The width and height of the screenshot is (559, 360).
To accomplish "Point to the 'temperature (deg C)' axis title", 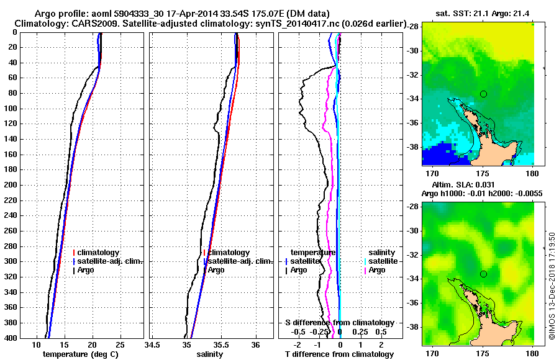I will [x=80, y=354].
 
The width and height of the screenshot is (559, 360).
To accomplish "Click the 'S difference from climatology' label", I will [x=340, y=323].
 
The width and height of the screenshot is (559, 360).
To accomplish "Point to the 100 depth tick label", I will [x=11, y=109].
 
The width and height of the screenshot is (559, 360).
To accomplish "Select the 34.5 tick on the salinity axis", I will [x=153, y=344].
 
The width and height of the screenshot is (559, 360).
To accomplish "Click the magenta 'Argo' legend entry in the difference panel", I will [x=377, y=270].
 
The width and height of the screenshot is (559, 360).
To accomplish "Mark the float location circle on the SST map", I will [x=483, y=94].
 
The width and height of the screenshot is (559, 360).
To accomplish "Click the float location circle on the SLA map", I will [x=483, y=274].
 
